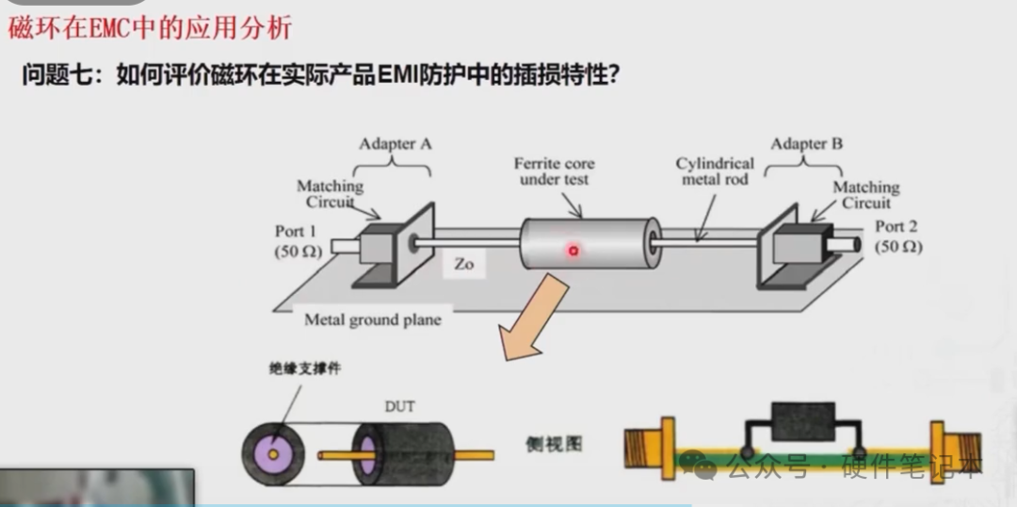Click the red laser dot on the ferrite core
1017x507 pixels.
[x=572, y=251]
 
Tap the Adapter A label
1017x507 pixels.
[x=395, y=144]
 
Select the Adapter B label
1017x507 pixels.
[x=806, y=144]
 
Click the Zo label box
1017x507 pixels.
[x=464, y=265]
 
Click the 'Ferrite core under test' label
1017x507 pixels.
[x=555, y=172]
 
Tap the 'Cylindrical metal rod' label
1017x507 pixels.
[x=715, y=172]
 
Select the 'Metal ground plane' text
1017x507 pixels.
[x=373, y=319]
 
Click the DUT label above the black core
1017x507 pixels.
[x=399, y=407]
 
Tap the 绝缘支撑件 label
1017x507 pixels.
[x=304, y=368]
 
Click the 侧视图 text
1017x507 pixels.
[x=553, y=442]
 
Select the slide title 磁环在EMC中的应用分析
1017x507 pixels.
[x=151, y=27]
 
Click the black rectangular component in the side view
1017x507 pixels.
[x=802, y=421]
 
